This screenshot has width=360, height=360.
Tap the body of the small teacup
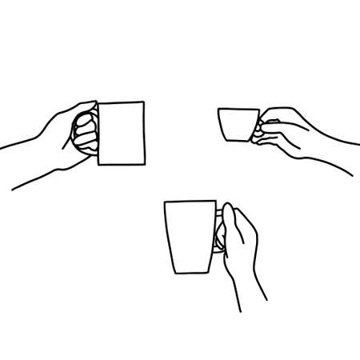click(x=238, y=125)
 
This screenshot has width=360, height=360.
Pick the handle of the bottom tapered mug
click(x=218, y=234)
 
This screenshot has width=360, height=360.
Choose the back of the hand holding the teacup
click(x=296, y=132)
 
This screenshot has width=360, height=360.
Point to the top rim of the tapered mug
click(x=190, y=202)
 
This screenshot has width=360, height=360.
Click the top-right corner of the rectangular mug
click(x=142, y=102)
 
